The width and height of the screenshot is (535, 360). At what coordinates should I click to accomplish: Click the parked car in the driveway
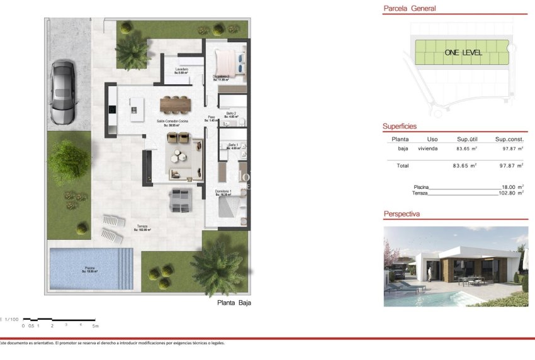tap(64, 92)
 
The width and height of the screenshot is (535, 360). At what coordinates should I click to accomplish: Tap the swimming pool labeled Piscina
tap(91, 269)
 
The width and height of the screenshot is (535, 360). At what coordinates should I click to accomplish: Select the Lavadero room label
tap(182, 70)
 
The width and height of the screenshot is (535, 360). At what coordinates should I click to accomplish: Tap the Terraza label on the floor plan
tap(142, 228)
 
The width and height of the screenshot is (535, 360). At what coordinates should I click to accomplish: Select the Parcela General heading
tap(410, 9)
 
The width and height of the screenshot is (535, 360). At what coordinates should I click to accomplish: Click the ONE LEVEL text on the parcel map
tap(463, 53)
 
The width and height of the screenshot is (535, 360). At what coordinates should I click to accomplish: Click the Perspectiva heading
tap(402, 215)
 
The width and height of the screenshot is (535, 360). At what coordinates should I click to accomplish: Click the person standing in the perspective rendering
tap(430, 272)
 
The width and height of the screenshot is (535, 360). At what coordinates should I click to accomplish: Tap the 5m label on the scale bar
tap(96, 325)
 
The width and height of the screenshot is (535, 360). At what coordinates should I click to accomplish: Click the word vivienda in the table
tap(432, 149)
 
